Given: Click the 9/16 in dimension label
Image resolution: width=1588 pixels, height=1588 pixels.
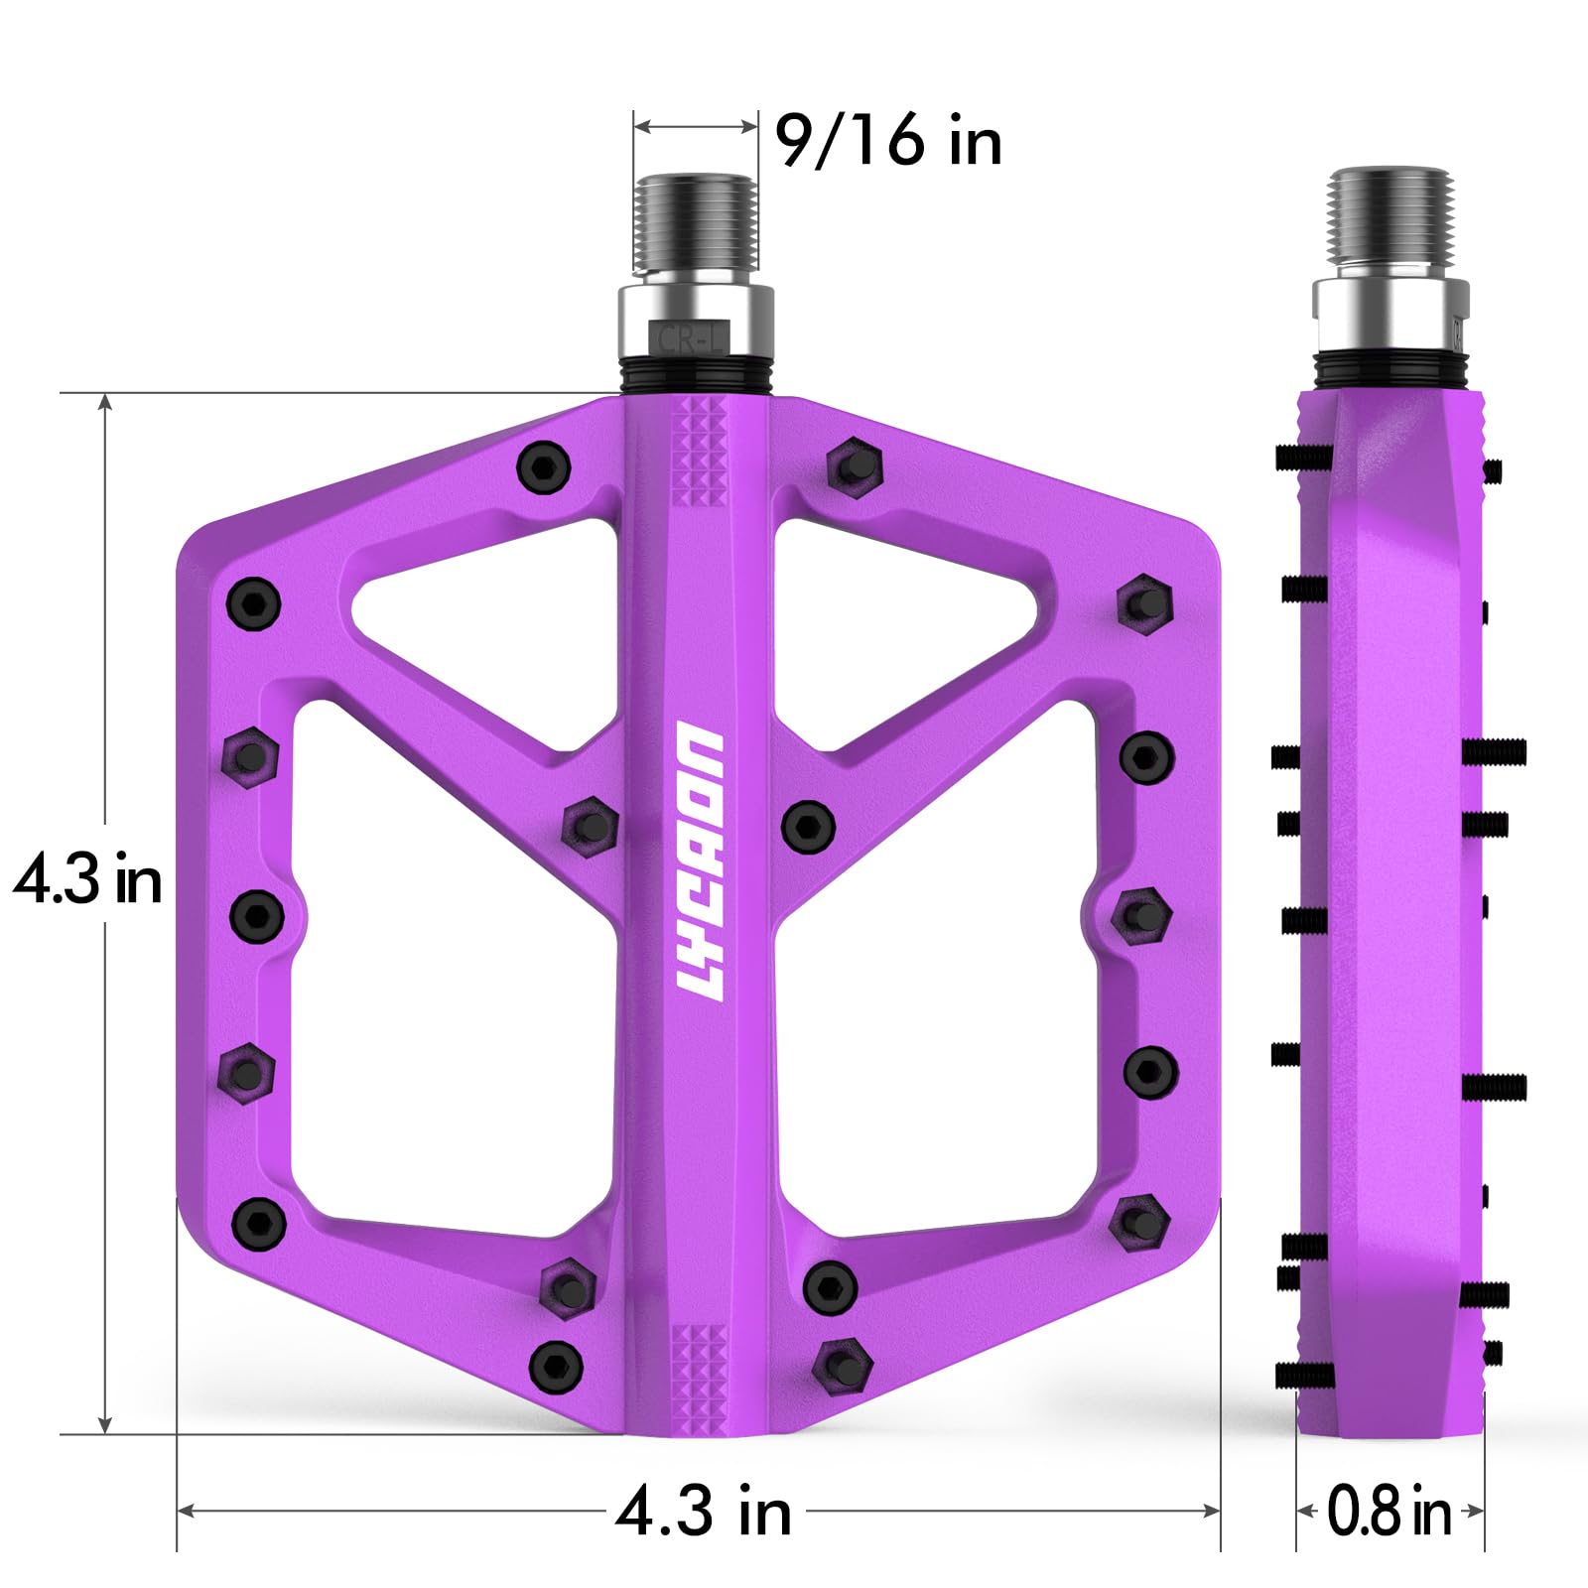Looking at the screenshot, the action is (888, 140).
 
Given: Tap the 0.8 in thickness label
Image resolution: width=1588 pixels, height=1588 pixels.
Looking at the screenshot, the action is (1389, 1511).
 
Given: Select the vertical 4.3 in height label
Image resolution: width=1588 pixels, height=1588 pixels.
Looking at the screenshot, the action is (87, 878).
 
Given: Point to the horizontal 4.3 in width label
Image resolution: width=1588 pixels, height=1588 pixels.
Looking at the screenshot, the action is (704, 1511).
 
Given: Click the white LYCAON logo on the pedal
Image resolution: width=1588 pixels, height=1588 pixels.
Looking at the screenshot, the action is (700, 861).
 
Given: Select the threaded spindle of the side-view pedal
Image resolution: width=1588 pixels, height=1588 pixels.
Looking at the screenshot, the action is (1389, 225).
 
